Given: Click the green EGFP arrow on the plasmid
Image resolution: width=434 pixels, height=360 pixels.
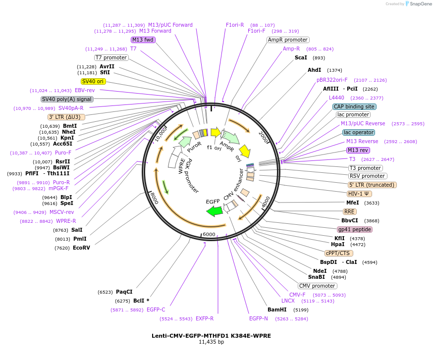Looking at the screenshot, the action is [214, 211].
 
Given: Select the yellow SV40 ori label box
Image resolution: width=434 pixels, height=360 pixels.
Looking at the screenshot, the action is [94, 81].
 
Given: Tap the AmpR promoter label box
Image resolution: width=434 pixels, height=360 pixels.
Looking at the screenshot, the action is [288, 40].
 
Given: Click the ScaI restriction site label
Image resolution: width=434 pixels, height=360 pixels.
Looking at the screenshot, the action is [301, 57].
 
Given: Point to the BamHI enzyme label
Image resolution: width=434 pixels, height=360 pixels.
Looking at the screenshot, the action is [277, 309].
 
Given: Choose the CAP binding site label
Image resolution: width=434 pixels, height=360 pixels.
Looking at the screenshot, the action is [354, 106].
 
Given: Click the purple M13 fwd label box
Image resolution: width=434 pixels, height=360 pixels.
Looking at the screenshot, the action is [143, 40].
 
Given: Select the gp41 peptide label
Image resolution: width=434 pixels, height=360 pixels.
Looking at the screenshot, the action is [354, 229].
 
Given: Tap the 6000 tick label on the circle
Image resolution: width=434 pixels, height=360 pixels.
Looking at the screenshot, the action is [209, 234].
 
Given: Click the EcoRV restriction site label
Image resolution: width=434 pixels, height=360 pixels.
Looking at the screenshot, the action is [81, 248].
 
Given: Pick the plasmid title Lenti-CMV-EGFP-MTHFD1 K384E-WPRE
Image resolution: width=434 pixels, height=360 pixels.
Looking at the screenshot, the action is [211, 336].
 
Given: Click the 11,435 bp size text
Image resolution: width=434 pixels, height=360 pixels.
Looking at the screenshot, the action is [211, 342].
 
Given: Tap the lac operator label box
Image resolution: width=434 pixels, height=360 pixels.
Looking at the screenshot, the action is [359, 132].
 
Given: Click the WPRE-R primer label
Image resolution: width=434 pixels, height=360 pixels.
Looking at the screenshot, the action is [66, 221].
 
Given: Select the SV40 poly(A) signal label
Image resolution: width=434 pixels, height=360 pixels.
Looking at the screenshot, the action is [67, 99].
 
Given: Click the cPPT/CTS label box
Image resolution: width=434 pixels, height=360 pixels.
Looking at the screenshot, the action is [339, 253].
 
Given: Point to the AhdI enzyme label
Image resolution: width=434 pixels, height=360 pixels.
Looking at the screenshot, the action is [315, 70].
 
